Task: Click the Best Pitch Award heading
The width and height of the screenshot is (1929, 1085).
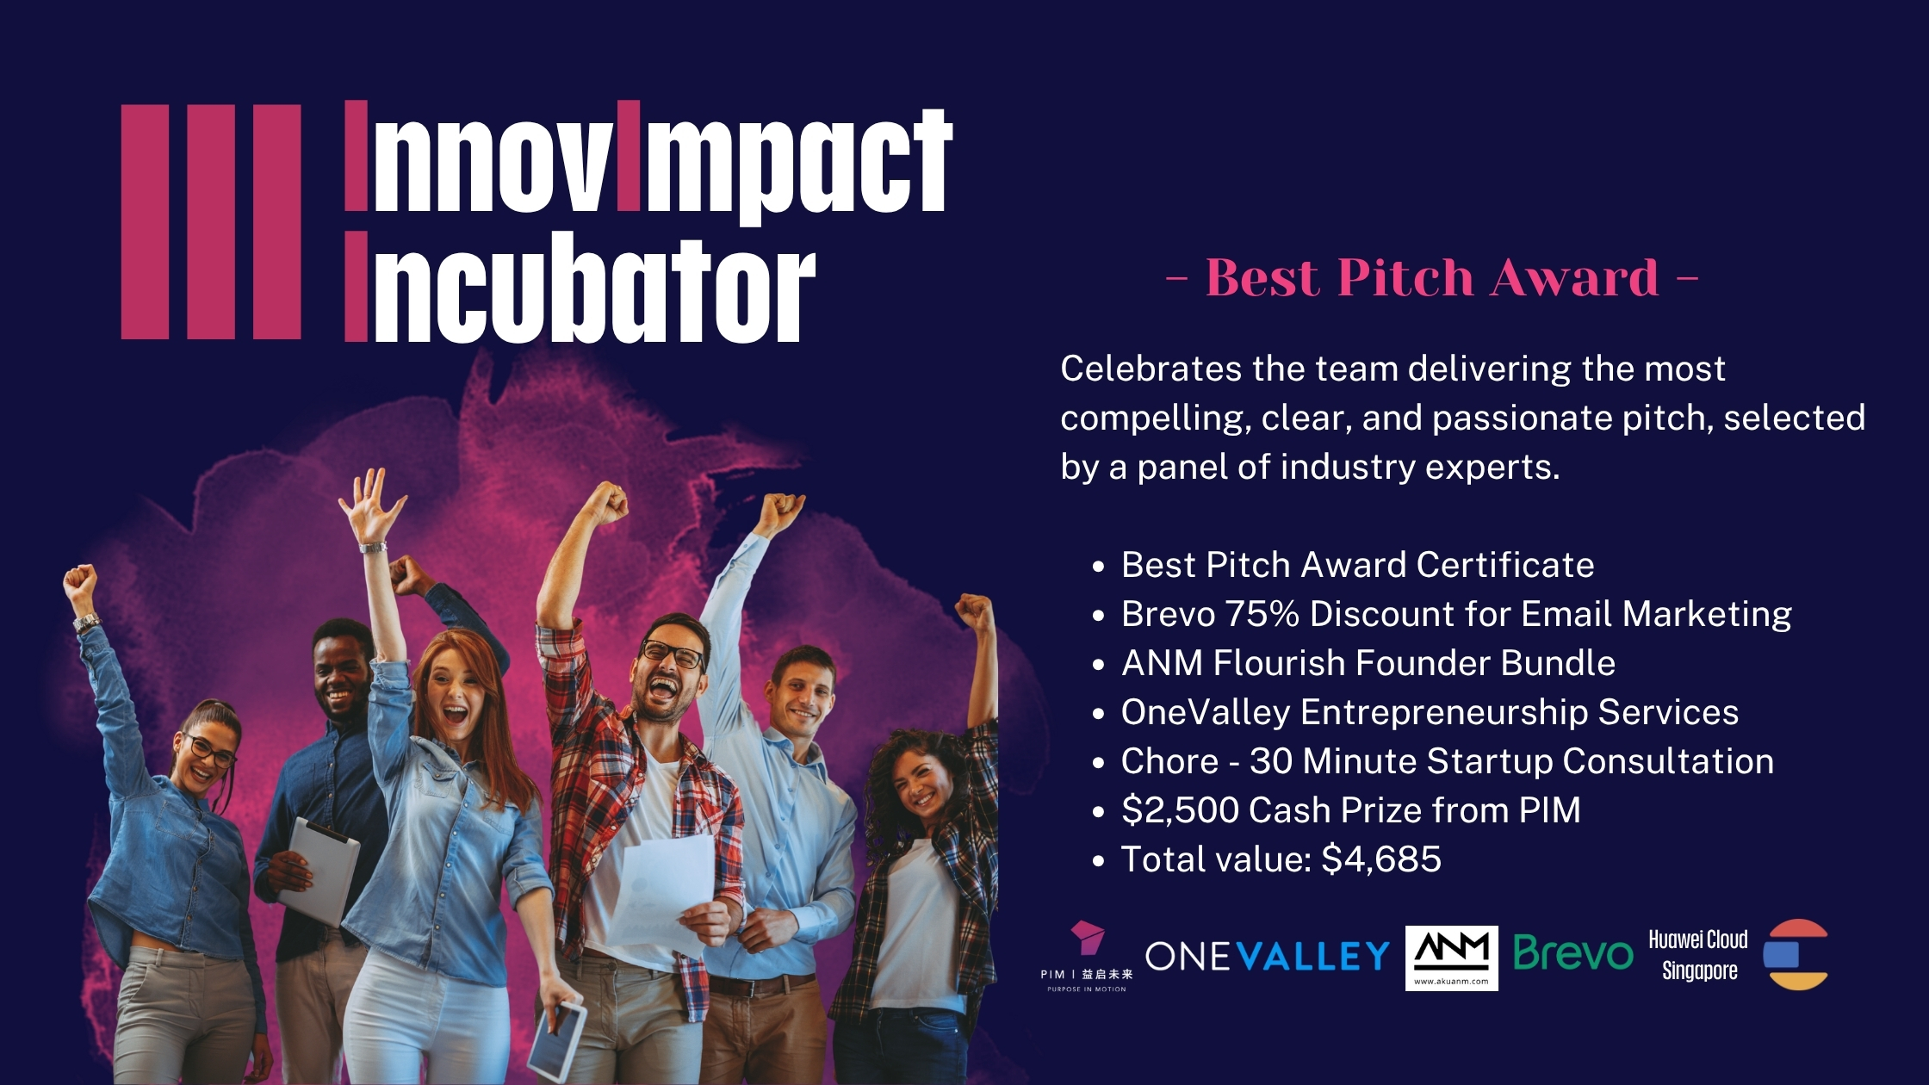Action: pos(1431,277)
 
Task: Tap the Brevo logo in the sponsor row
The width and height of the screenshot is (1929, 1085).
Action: pos(1573,953)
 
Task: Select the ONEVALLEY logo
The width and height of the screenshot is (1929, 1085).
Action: pos(1268,956)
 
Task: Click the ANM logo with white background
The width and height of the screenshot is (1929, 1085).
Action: pos(1451,958)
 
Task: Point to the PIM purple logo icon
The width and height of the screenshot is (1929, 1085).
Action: pos(1087,938)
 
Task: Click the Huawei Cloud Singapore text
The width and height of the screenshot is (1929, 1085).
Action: pos(1698,954)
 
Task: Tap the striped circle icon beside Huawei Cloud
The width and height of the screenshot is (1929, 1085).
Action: pos(1796,954)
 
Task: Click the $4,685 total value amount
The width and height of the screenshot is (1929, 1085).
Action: pos(1381,859)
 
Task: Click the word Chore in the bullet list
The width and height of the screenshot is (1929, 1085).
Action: pos(1169,761)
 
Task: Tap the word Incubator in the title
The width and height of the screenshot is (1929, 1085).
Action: pos(580,287)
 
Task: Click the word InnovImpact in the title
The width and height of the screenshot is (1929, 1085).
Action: pos(648,158)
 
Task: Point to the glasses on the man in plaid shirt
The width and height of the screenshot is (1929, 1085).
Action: pos(672,654)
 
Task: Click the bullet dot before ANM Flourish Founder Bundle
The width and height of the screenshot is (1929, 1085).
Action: pos(1098,665)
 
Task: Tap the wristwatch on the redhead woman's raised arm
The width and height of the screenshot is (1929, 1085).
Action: pos(373,547)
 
